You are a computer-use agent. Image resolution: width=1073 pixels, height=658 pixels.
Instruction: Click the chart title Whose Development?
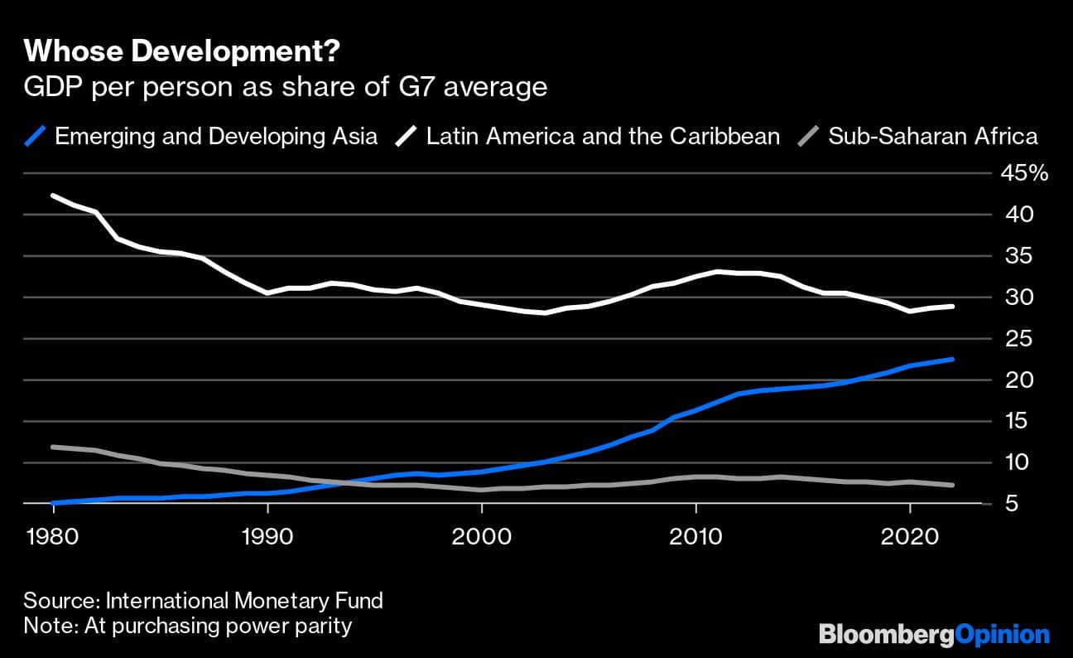point(180,51)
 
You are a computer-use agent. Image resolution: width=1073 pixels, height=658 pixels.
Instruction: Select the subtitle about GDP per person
point(286,87)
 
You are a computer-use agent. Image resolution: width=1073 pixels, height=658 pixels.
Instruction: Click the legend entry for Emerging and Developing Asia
point(215,136)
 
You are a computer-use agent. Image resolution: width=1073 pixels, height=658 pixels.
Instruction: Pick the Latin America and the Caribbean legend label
point(603,136)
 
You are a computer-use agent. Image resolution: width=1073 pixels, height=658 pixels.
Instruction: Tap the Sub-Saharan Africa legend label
point(932,136)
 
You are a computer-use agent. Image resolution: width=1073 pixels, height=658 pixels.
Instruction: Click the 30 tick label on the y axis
point(1013,298)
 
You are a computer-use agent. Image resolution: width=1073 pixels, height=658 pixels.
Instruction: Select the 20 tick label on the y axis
point(1013,380)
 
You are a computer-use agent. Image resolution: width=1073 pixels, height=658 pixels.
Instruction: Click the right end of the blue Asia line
point(952,360)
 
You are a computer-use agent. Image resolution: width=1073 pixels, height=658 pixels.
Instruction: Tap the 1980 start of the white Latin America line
point(54,196)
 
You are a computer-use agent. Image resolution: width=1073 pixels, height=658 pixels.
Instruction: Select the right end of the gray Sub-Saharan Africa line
point(952,485)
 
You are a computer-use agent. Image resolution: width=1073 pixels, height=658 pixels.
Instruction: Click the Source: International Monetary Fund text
point(203,601)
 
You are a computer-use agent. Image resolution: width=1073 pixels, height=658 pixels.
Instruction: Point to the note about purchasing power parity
point(188,626)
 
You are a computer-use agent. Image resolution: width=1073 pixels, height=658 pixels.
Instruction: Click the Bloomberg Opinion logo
point(934,636)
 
